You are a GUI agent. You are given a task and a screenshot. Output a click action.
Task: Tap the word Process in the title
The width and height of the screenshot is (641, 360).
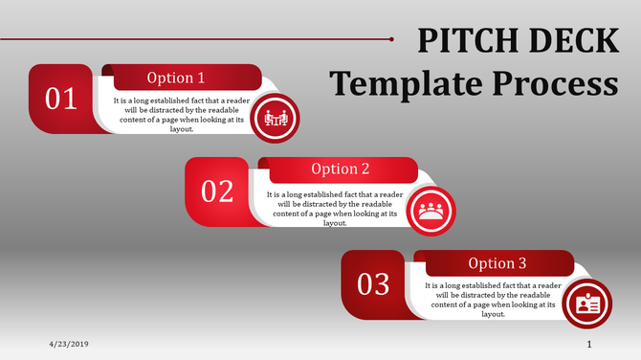[x=554, y=84]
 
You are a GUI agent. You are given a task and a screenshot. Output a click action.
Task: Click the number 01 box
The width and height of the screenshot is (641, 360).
[x=61, y=99]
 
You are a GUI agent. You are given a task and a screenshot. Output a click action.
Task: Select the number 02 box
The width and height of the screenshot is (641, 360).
[x=217, y=191]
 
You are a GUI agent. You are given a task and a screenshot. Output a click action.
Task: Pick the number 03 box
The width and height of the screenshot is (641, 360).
[x=373, y=284]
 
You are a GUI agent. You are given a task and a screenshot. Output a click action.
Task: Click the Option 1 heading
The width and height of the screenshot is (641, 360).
[x=175, y=78]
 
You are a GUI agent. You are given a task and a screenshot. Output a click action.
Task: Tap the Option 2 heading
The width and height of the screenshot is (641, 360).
[x=341, y=169]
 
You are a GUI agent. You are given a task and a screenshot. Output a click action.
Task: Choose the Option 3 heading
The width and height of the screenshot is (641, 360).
[x=497, y=263]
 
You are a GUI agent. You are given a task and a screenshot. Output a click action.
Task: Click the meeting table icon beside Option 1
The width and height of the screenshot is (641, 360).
[x=275, y=118]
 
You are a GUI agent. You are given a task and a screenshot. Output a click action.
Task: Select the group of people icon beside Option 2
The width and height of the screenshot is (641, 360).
[x=431, y=211]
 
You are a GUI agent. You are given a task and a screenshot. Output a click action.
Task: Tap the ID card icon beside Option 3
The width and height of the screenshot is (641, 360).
[x=586, y=304]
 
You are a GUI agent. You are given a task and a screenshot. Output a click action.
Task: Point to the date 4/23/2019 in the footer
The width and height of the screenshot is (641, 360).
[x=69, y=343]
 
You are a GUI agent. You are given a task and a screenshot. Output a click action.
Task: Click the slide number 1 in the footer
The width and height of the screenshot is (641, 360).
[x=589, y=343]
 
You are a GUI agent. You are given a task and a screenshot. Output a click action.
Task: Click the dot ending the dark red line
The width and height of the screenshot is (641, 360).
[x=392, y=39]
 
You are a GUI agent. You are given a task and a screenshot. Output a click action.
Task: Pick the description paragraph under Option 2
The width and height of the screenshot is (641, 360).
[x=335, y=208]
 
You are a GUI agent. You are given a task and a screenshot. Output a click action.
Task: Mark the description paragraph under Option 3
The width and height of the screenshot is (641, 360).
[x=492, y=300]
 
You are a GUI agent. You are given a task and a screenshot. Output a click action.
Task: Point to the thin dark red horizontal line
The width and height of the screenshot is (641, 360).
[x=191, y=39]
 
